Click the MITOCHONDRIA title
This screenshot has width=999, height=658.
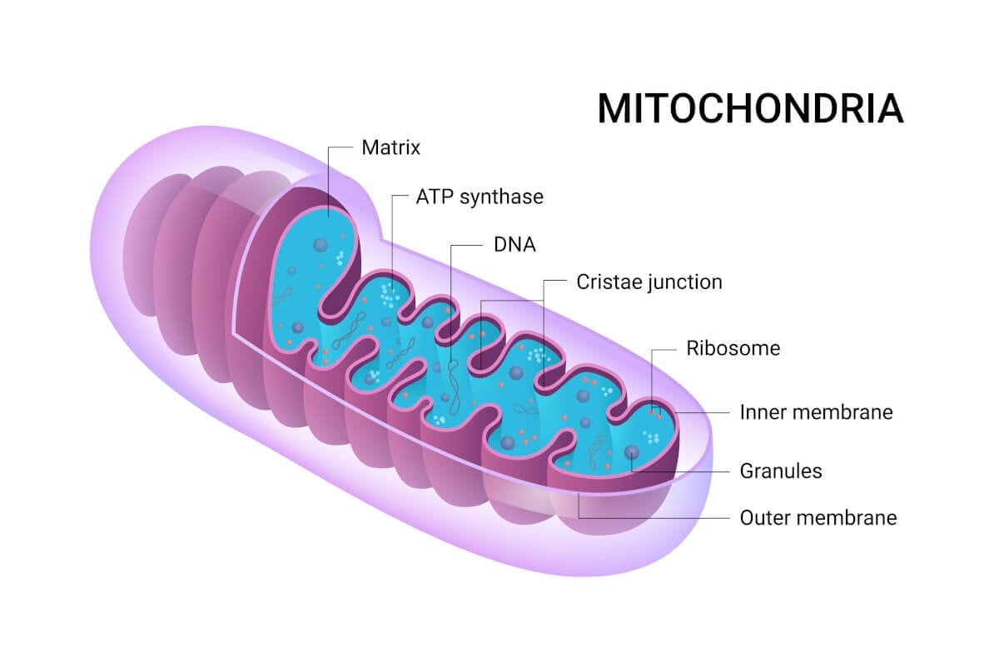pyautogui.click(x=750, y=109)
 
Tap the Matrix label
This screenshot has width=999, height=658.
pyautogui.click(x=390, y=148)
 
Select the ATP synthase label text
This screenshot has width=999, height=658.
pyautogui.click(x=479, y=197)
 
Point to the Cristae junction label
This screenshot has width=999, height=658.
pyautogui.click(x=649, y=282)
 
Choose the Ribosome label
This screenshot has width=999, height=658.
pyautogui.click(x=733, y=348)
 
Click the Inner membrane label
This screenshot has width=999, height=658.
pyautogui.click(x=816, y=411)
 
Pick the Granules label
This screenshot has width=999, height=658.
pyautogui.click(x=781, y=471)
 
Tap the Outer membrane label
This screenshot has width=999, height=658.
pyautogui.click(x=818, y=517)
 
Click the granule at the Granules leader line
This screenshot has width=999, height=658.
pyautogui.click(x=632, y=452)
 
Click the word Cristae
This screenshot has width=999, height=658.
pyautogui.click(x=609, y=282)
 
